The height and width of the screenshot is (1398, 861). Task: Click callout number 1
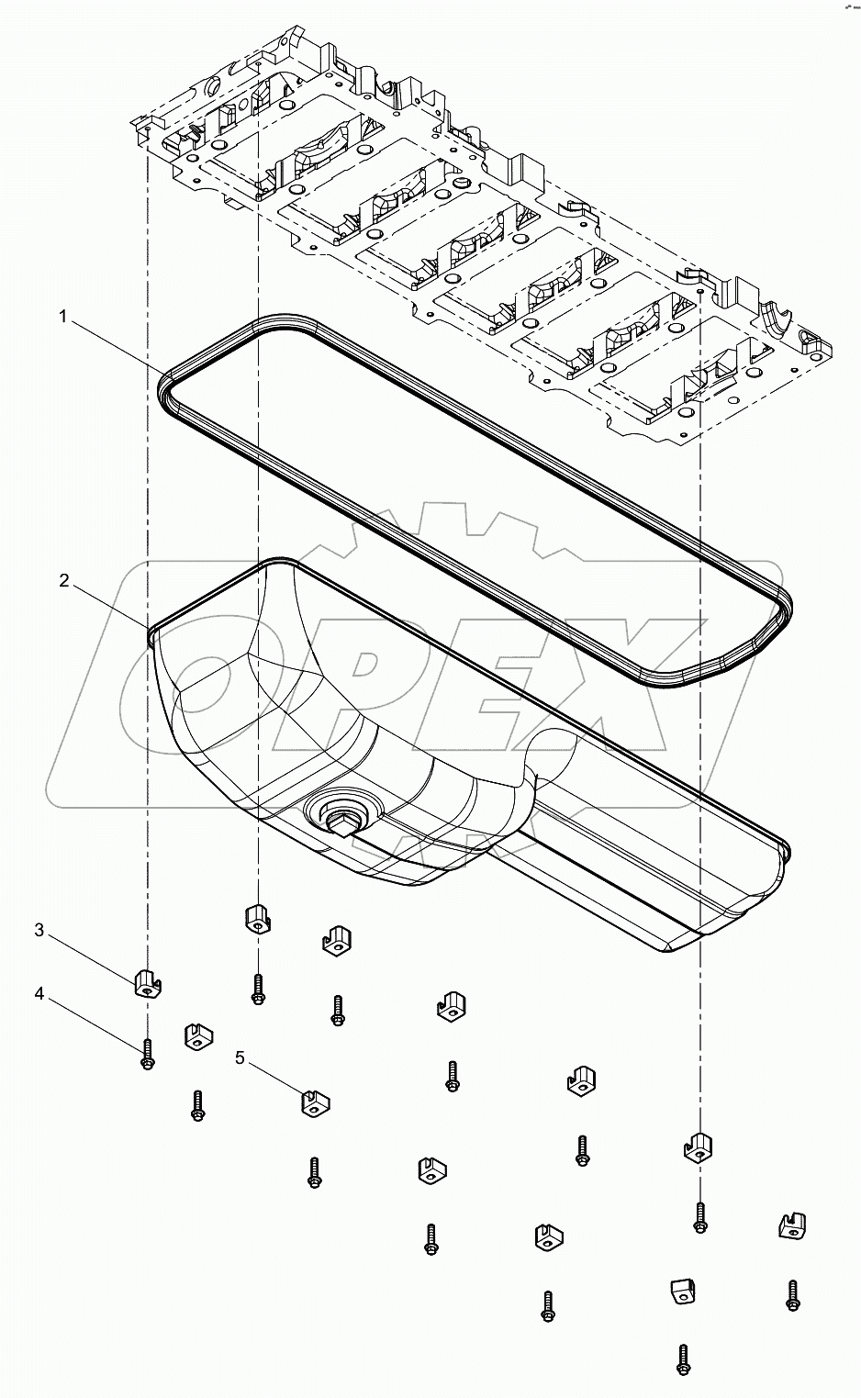(63, 317)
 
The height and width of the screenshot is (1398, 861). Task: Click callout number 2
(63, 581)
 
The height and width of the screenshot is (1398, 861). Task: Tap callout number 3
(39, 930)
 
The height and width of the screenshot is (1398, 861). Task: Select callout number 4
(39, 993)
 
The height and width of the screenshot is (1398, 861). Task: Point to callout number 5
(240, 1057)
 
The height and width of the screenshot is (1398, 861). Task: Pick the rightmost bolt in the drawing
(792, 1295)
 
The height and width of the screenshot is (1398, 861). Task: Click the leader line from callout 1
(115, 344)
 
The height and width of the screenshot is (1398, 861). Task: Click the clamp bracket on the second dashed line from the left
(258, 917)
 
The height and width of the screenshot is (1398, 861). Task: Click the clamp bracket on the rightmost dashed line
(699, 1146)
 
